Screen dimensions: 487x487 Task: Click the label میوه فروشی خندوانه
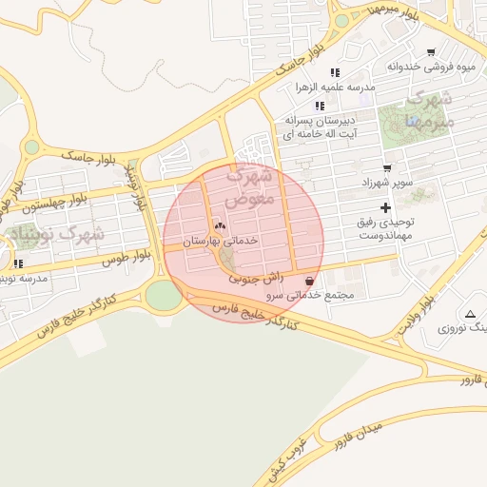pos(430,67)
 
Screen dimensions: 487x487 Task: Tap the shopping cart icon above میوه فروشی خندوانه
pos(431,52)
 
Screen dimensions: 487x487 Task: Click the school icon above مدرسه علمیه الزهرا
pos(334,72)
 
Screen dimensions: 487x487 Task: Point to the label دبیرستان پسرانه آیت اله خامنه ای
pos(320,127)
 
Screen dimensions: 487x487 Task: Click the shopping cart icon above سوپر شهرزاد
pos(387,167)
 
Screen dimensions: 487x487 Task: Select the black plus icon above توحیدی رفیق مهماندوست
pos(385,207)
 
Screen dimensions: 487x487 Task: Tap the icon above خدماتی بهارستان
pos(221,225)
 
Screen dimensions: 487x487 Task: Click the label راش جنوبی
pos(255,279)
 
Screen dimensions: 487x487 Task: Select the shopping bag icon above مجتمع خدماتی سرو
pos(311,281)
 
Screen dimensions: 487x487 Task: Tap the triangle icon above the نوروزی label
pos(470,313)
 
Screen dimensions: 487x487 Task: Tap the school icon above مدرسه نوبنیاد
pos(18,263)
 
